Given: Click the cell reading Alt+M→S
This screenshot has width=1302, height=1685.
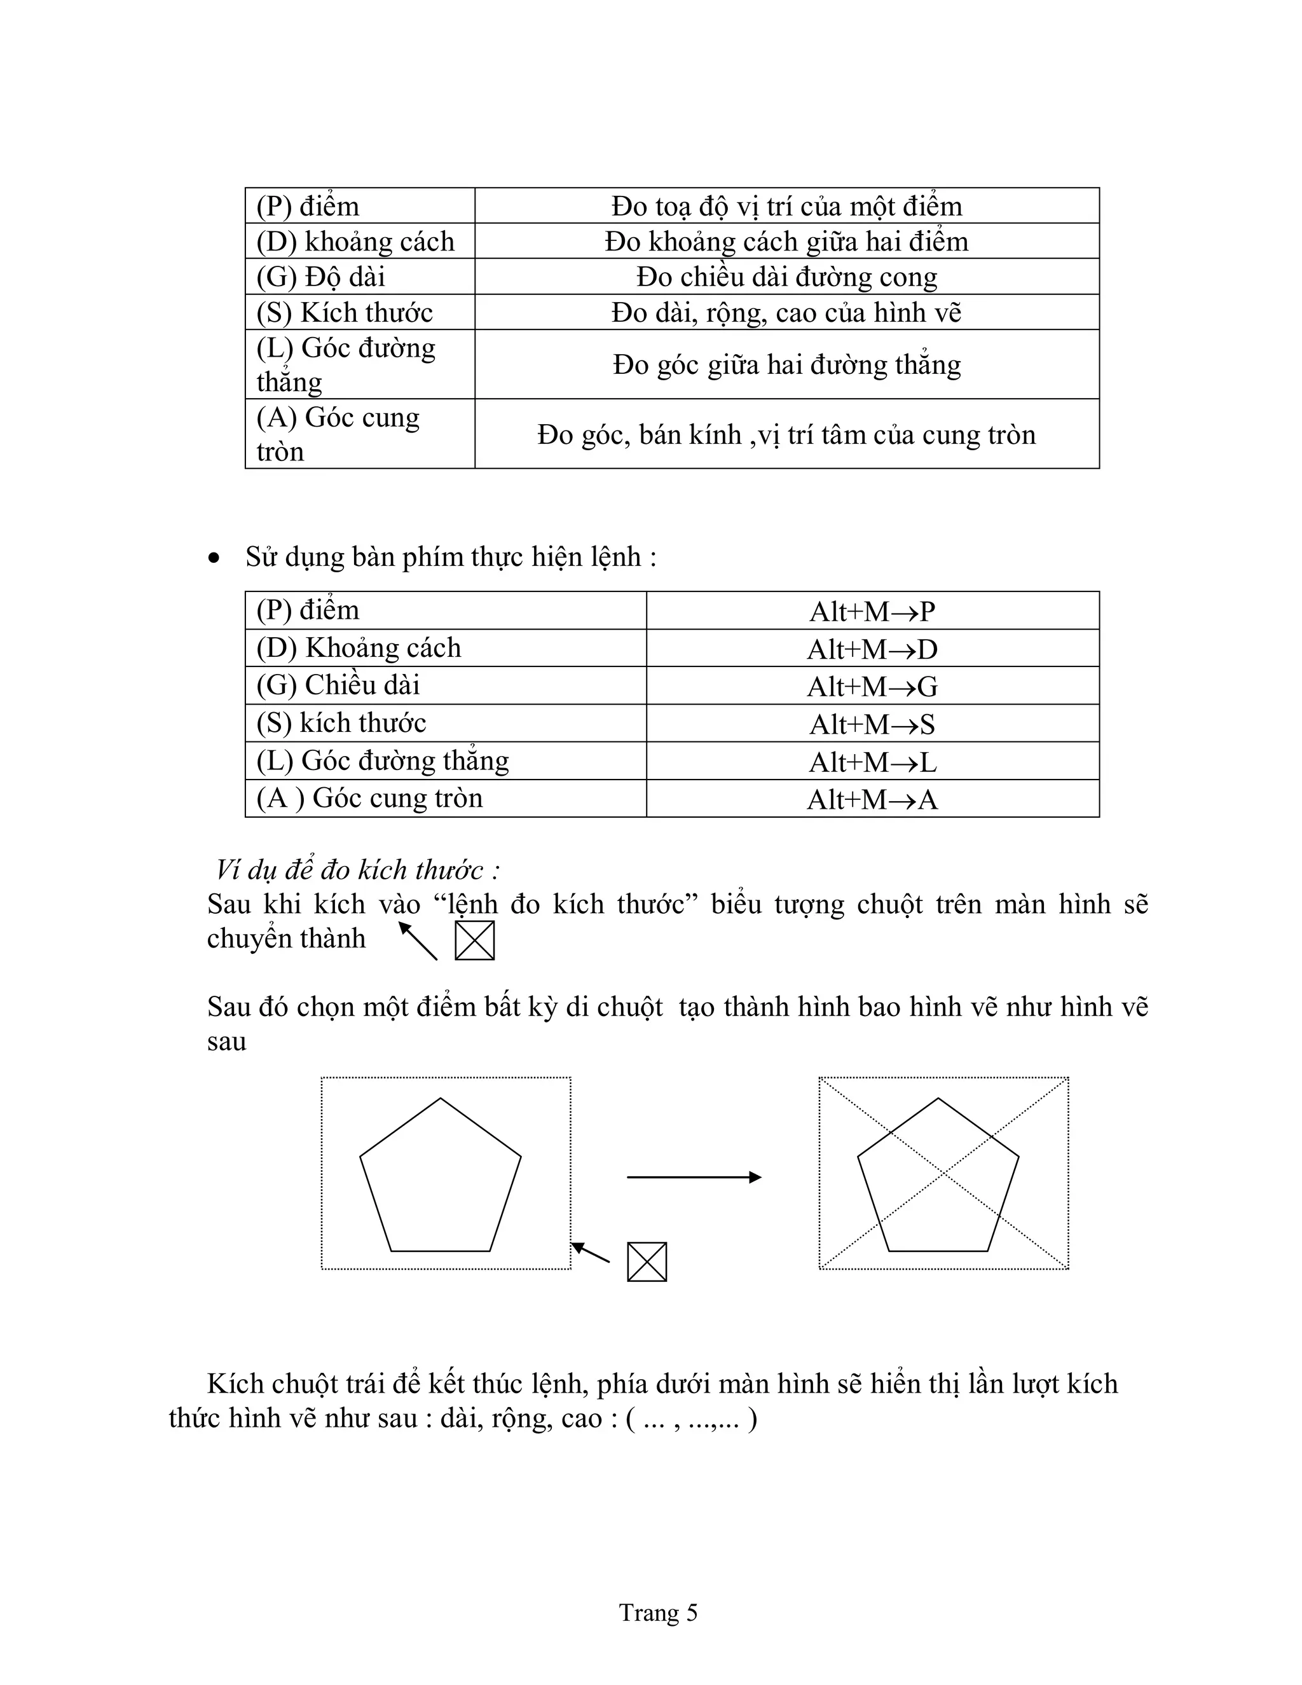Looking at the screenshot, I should [x=872, y=724].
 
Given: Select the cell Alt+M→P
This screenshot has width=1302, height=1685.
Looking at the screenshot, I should [x=872, y=611].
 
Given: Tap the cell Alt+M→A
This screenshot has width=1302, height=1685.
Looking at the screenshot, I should [x=872, y=799].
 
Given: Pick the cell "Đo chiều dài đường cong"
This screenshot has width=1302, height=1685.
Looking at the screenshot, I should [x=787, y=276].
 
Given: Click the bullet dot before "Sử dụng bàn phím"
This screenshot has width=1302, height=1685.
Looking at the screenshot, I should [x=214, y=558].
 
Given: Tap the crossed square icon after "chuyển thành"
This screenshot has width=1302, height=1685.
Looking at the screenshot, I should [x=474, y=940].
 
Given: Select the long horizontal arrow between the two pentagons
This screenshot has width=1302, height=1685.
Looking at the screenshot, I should [x=694, y=1176].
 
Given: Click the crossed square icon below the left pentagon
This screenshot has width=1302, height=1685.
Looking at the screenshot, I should [x=647, y=1262].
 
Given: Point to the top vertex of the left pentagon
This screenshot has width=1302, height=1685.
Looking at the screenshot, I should [x=441, y=1099].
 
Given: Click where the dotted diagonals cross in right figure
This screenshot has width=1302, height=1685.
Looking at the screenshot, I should [x=943, y=1174].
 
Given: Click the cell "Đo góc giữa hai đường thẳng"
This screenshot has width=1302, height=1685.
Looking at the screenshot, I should [x=787, y=364].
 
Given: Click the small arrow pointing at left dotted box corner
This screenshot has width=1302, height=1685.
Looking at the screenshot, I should [x=590, y=1252].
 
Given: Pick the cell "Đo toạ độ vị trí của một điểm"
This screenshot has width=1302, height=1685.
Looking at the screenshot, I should [x=787, y=206].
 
